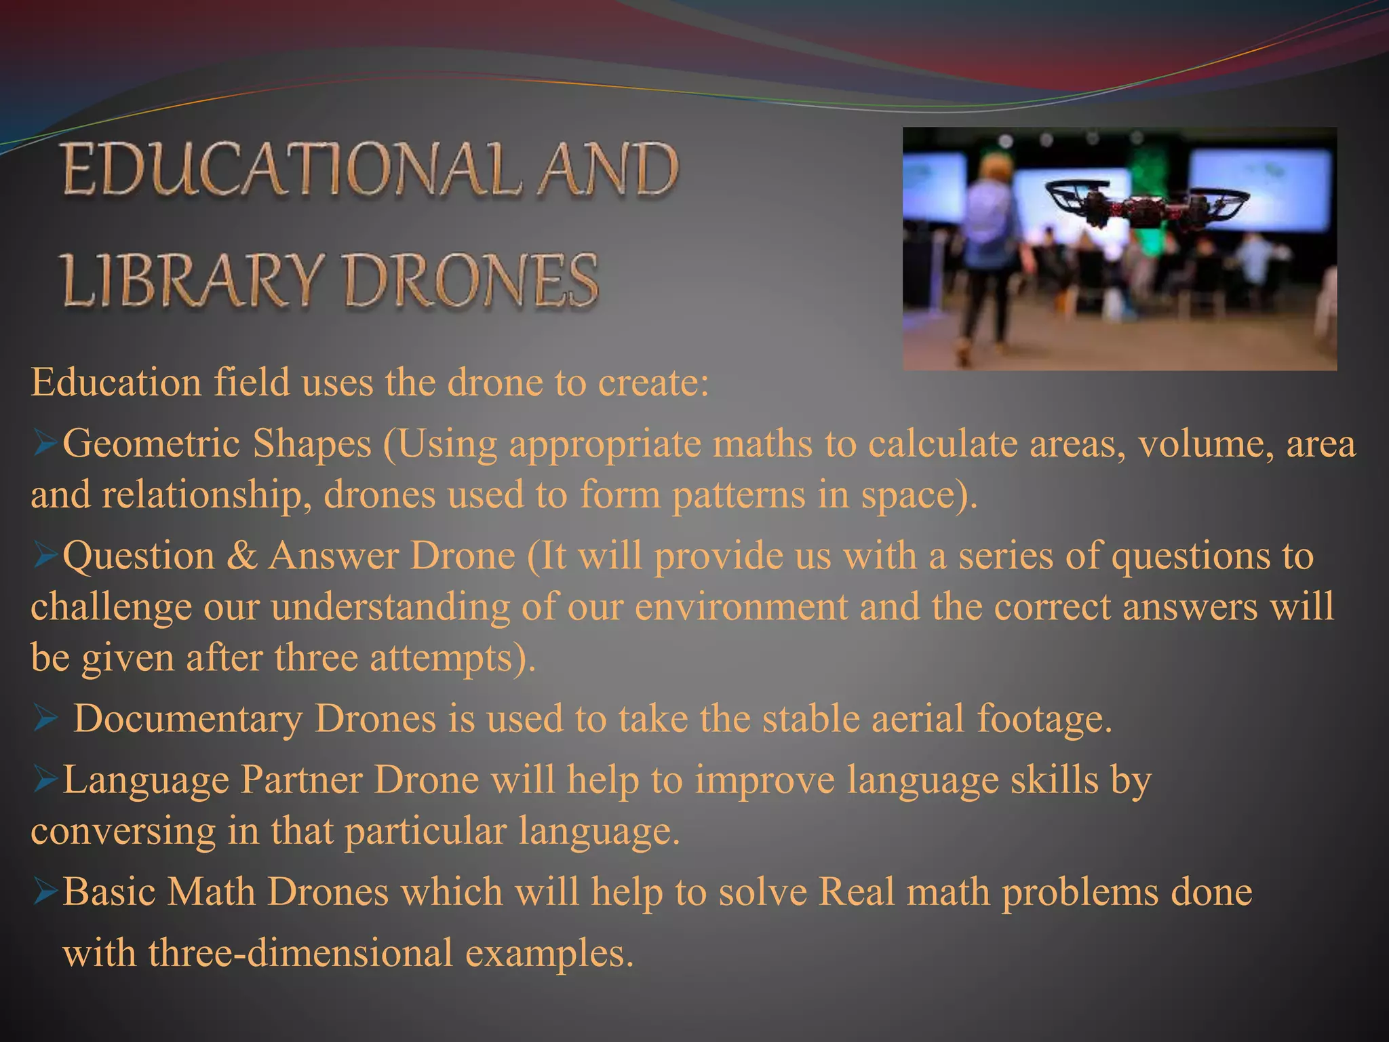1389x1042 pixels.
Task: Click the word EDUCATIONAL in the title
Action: [x=292, y=170]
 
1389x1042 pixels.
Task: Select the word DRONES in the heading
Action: [x=471, y=280]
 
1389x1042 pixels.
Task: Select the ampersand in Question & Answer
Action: [x=241, y=556]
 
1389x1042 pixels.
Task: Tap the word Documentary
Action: [x=188, y=718]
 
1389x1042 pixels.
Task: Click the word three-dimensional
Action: [x=300, y=953]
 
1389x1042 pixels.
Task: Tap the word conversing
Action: [x=123, y=832]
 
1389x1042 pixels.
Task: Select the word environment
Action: [x=741, y=606]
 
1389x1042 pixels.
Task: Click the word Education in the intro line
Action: [x=116, y=383]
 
